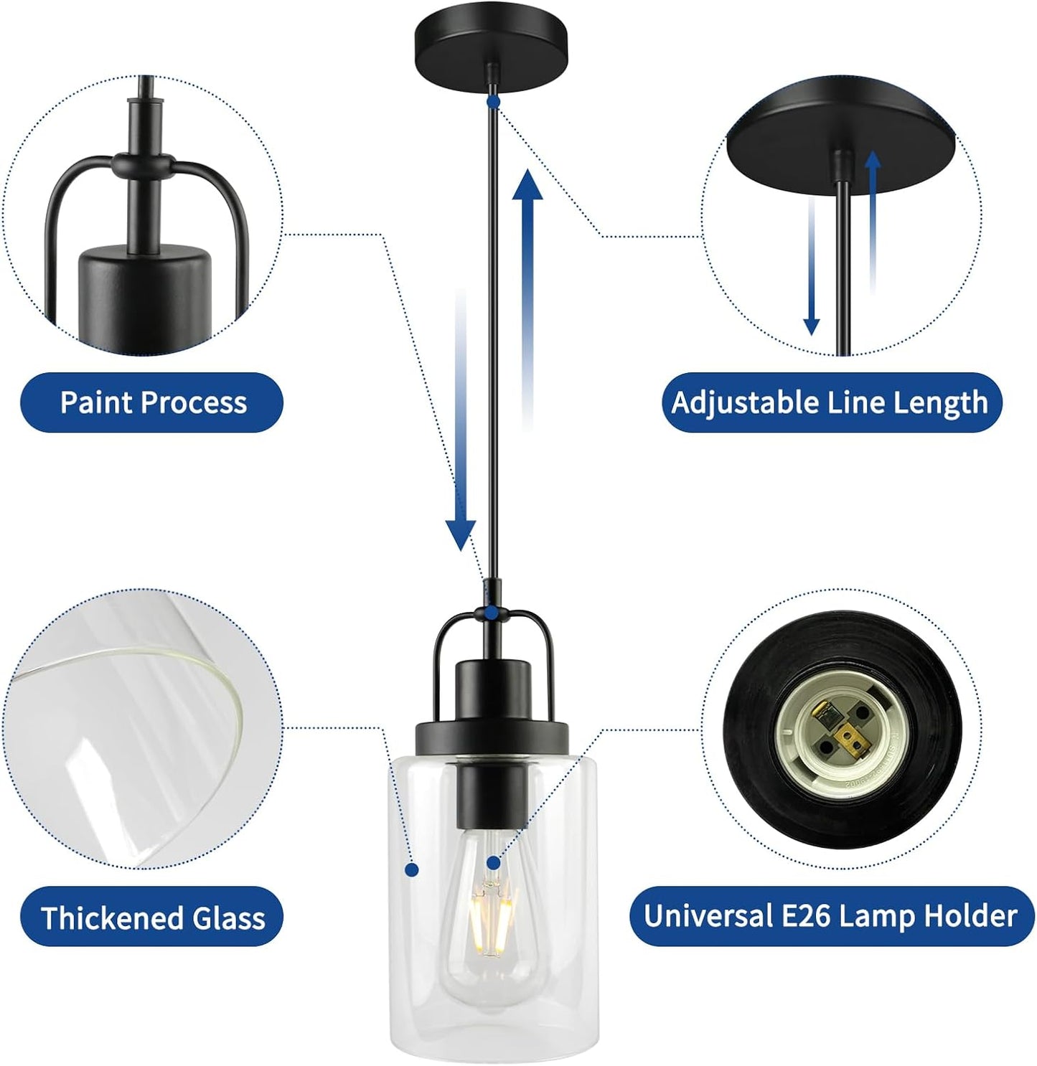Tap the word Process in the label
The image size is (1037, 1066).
click(x=194, y=402)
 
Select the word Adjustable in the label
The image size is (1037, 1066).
click(x=744, y=403)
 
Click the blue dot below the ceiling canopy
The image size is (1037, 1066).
click(x=494, y=102)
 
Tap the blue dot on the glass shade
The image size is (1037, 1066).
click(x=412, y=869)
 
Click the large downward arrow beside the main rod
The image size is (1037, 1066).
click(x=461, y=419)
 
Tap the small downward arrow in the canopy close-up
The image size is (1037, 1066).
click(x=811, y=265)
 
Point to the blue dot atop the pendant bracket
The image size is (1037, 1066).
click(x=494, y=613)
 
